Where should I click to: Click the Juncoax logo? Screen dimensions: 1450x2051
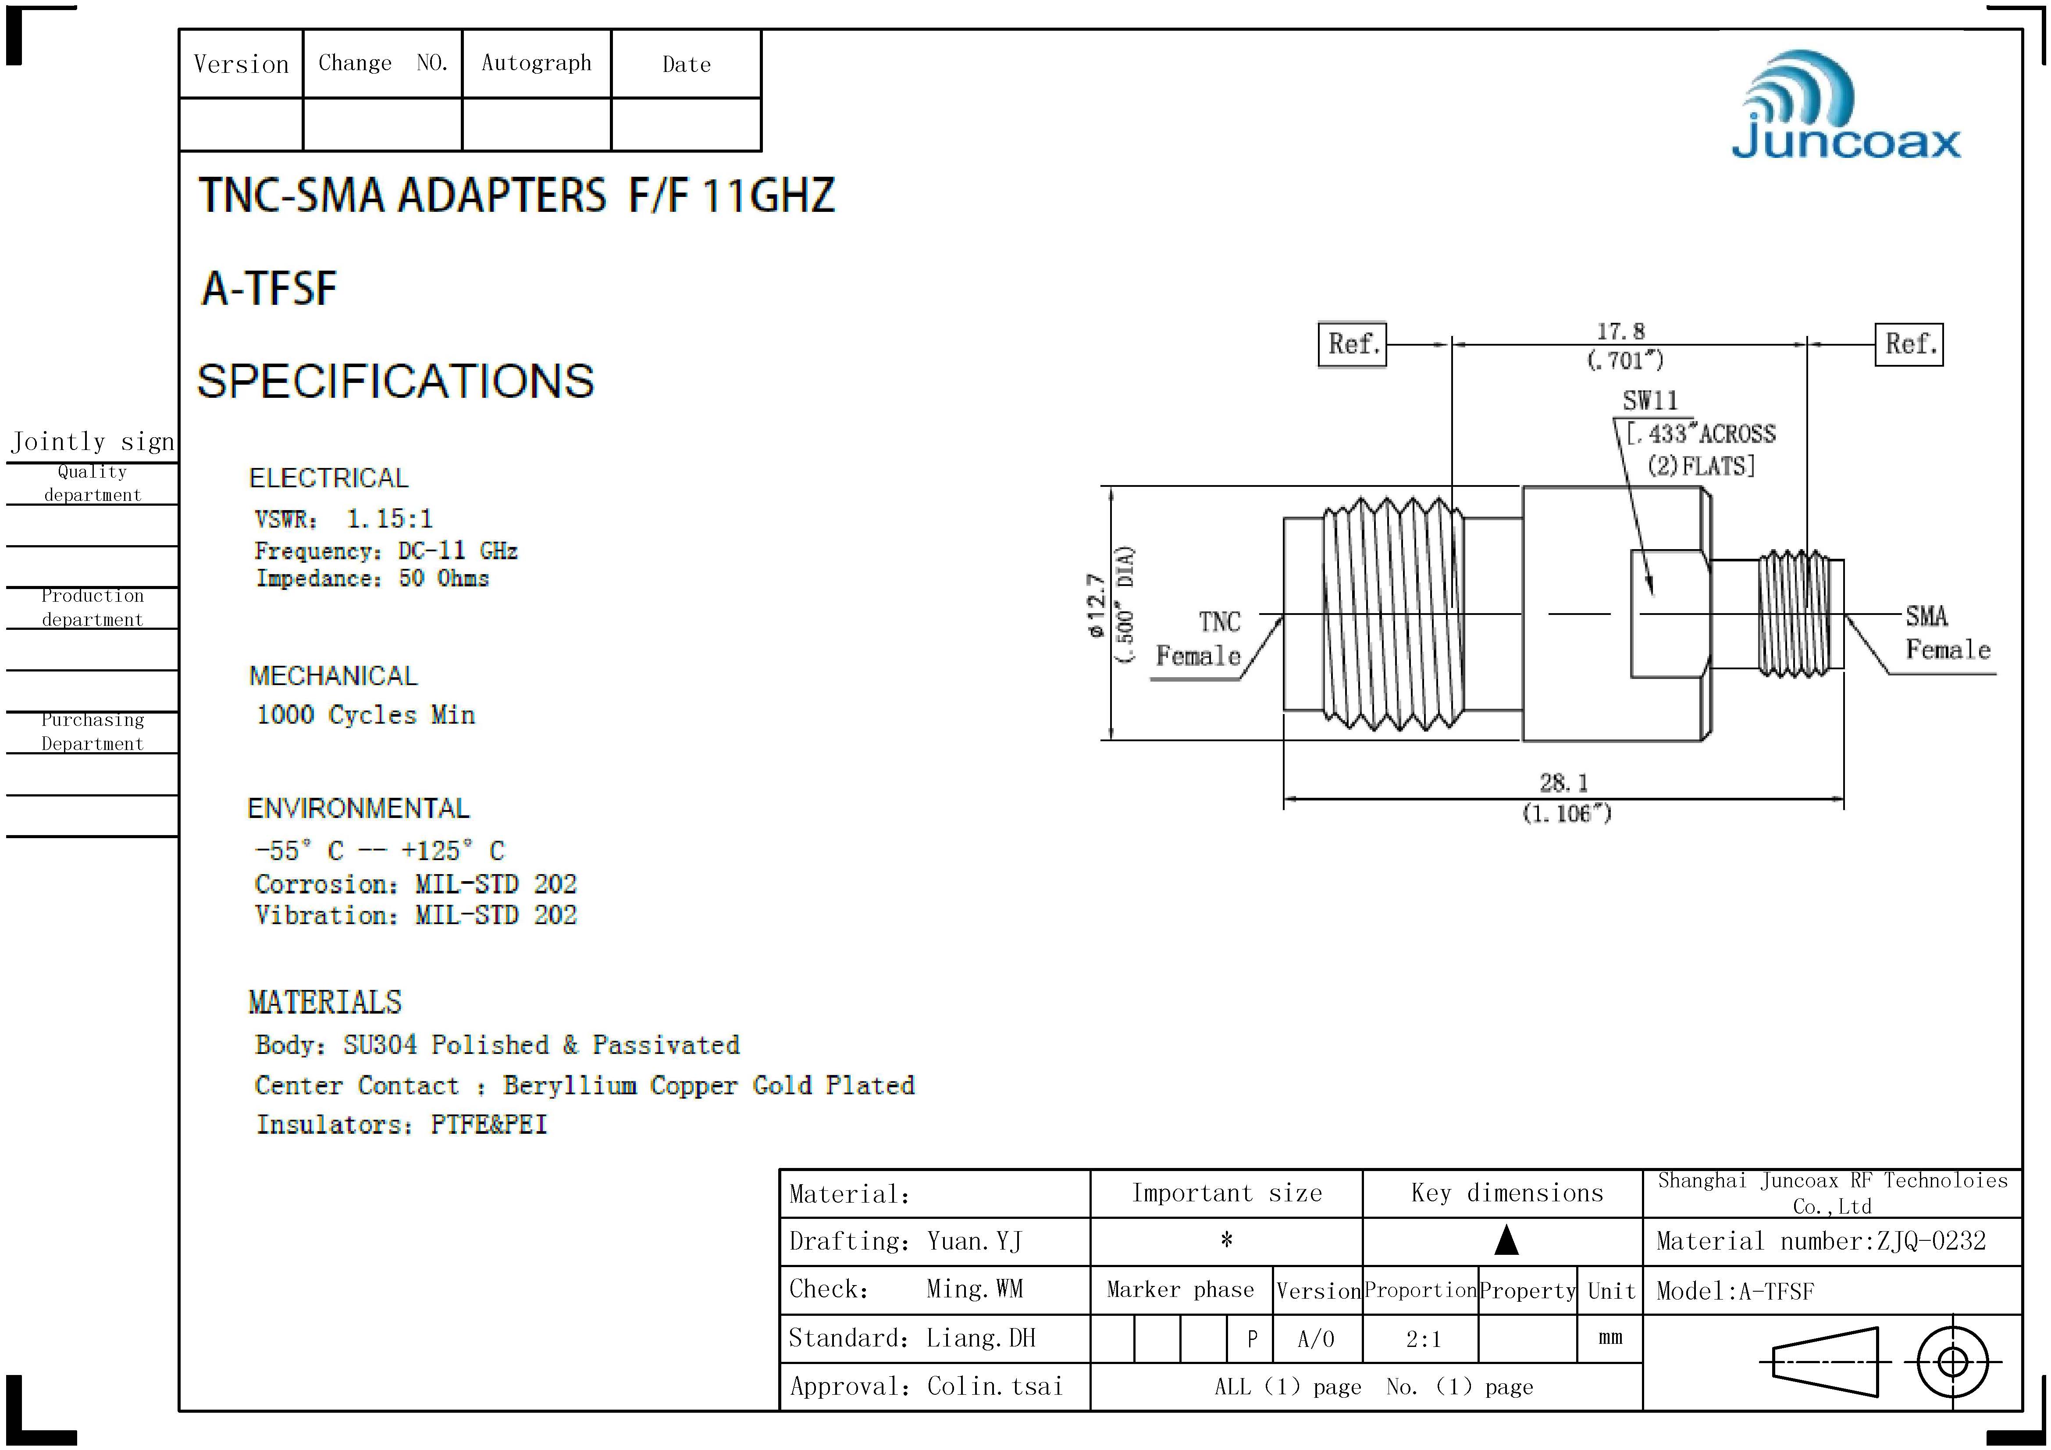point(1845,107)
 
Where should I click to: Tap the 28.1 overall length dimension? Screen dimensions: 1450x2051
point(1564,783)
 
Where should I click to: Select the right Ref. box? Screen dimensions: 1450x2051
point(1909,344)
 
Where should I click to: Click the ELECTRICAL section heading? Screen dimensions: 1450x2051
point(328,478)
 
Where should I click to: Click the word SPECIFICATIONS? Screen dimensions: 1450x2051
point(395,382)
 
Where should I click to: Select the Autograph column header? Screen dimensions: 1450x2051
point(536,64)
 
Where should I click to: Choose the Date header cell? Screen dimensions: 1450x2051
point(686,64)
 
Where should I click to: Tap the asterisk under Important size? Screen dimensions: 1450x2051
point(1226,1240)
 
